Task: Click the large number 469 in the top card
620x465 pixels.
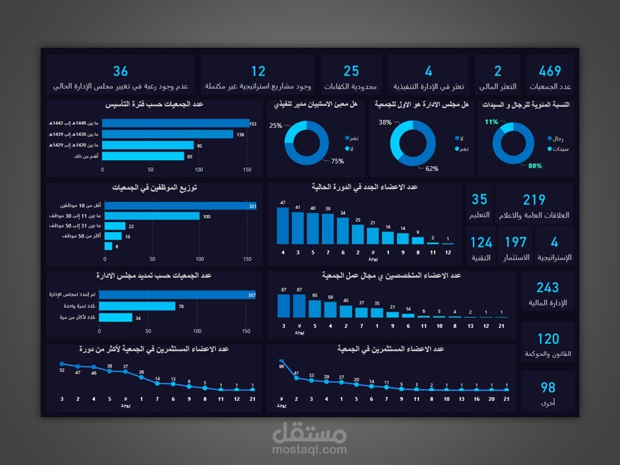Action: (x=550, y=71)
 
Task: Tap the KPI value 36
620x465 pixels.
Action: (x=120, y=71)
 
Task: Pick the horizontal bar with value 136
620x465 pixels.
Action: (x=168, y=134)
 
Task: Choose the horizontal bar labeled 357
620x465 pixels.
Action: (x=177, y=294)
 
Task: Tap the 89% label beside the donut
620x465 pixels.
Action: (x=535, y=166)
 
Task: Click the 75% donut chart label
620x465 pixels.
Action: (x=337, y=161)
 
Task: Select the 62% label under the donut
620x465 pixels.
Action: (x=432, y=169)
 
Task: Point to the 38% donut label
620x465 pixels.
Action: (x=385, y=122)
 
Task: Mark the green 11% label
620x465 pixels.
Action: (x=491, y=121)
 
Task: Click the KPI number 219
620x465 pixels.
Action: (x=534, y=200)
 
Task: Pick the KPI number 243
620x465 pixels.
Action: (x=548, y=287)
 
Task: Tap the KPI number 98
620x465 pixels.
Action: (x=548, y=387)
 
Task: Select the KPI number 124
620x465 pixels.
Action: (x=481, y=243)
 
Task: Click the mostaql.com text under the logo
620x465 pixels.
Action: (x=310, y=449)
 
